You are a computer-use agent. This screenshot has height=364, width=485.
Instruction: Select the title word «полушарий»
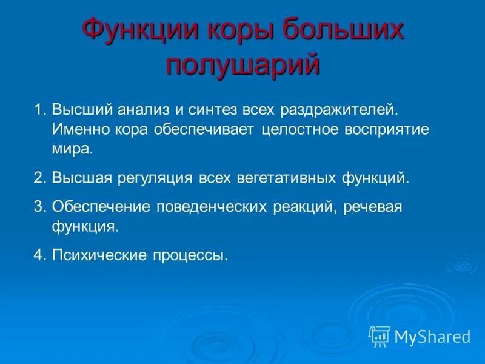(x=242, y=64)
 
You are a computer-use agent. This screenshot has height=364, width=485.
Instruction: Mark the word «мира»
(x=72, y=148)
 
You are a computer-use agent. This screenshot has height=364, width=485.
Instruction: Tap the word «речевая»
(x=373, y=207)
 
